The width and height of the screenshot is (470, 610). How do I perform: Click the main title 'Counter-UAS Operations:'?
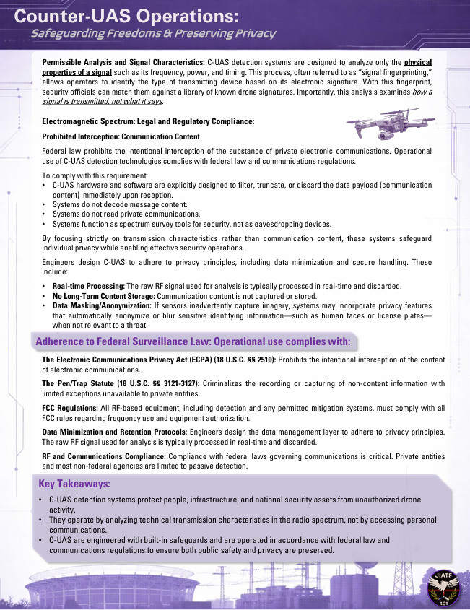click(x=127, y=16)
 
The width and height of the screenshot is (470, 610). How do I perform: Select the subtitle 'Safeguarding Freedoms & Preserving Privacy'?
click(x=153, y=34)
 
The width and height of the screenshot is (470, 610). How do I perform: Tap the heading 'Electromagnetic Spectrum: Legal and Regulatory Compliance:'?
click(x=148, y=121)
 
